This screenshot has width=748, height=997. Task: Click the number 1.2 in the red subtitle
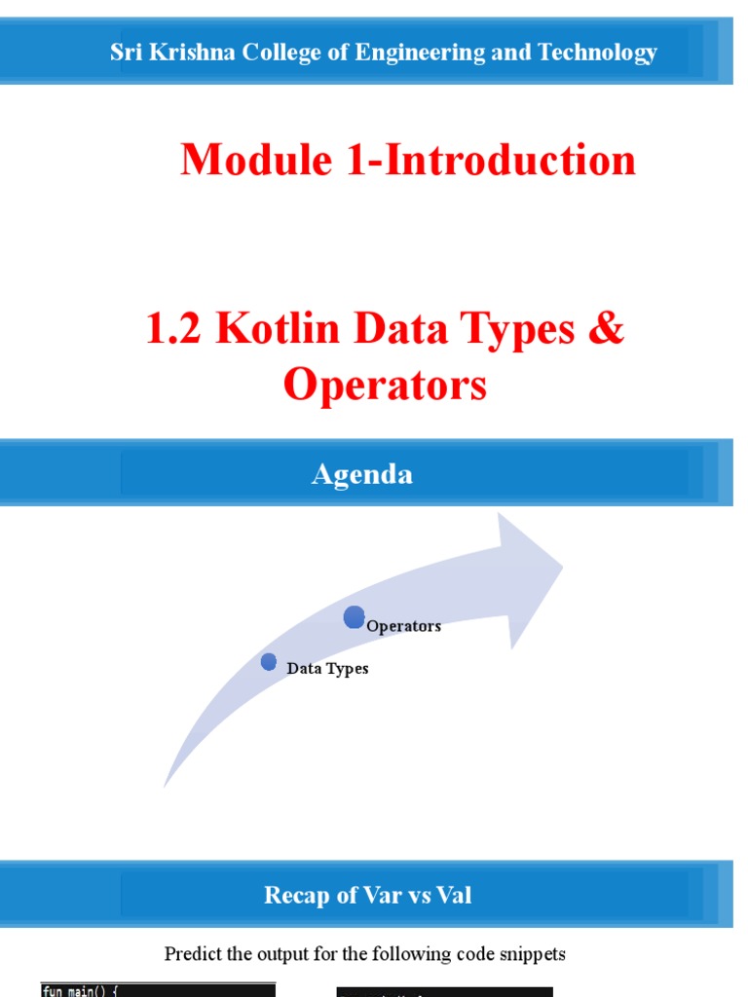point(173,329)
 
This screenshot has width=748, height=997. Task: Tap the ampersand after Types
point(605,329)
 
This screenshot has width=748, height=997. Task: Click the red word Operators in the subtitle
point(385,385)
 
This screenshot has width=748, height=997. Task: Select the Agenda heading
point(361,474)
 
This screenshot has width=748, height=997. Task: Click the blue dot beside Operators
point(355,616)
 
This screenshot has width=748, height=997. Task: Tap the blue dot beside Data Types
point(269,662)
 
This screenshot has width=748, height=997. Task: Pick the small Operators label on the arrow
point(403,626)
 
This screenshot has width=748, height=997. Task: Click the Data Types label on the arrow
point(327,669)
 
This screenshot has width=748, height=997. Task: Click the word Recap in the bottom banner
point(295,895)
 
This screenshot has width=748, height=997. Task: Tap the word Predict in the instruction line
point(196,953)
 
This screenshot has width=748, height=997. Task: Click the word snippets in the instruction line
point(533,953)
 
